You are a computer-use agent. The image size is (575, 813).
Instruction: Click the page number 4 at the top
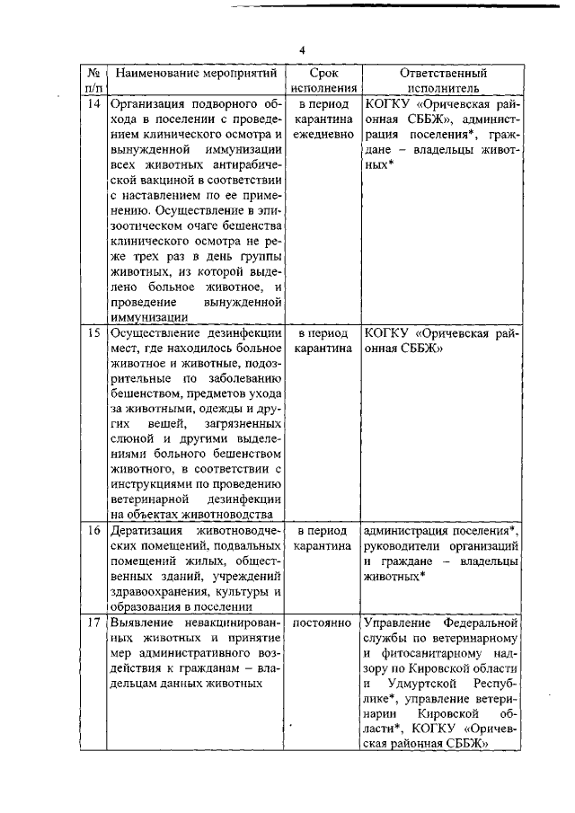304,50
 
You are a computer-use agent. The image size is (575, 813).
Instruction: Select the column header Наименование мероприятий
194,74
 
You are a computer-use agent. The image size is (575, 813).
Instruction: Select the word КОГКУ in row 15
387,331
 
